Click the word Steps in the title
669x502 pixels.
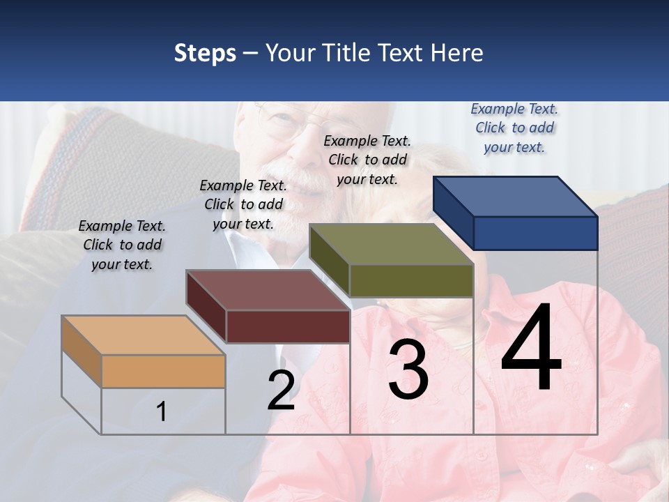[205, 53]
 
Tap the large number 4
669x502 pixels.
[531, 349]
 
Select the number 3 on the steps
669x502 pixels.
[408, 370]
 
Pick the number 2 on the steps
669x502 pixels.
[281, 391]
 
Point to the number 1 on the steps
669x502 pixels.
[161, 411]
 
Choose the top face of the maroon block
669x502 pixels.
[268, 290]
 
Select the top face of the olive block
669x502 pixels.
[391, 244]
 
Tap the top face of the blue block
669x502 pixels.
[515, 197]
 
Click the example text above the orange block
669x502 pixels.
[122, 245]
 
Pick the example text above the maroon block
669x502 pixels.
[243, 204]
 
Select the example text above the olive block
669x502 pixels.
[367, 160]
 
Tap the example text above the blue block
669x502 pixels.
[514, 128]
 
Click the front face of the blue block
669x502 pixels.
[535, 233]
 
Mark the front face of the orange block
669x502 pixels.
[163, 371]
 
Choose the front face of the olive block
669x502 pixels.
[411, 280]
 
